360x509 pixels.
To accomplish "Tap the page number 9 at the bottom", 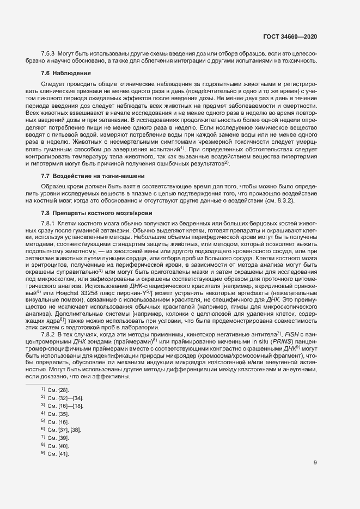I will coord(315,463).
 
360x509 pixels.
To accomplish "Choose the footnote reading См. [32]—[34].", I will coord(64,398).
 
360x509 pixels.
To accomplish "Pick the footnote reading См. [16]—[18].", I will coord(64,406).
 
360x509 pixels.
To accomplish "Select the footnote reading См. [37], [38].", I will coord(64,430).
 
